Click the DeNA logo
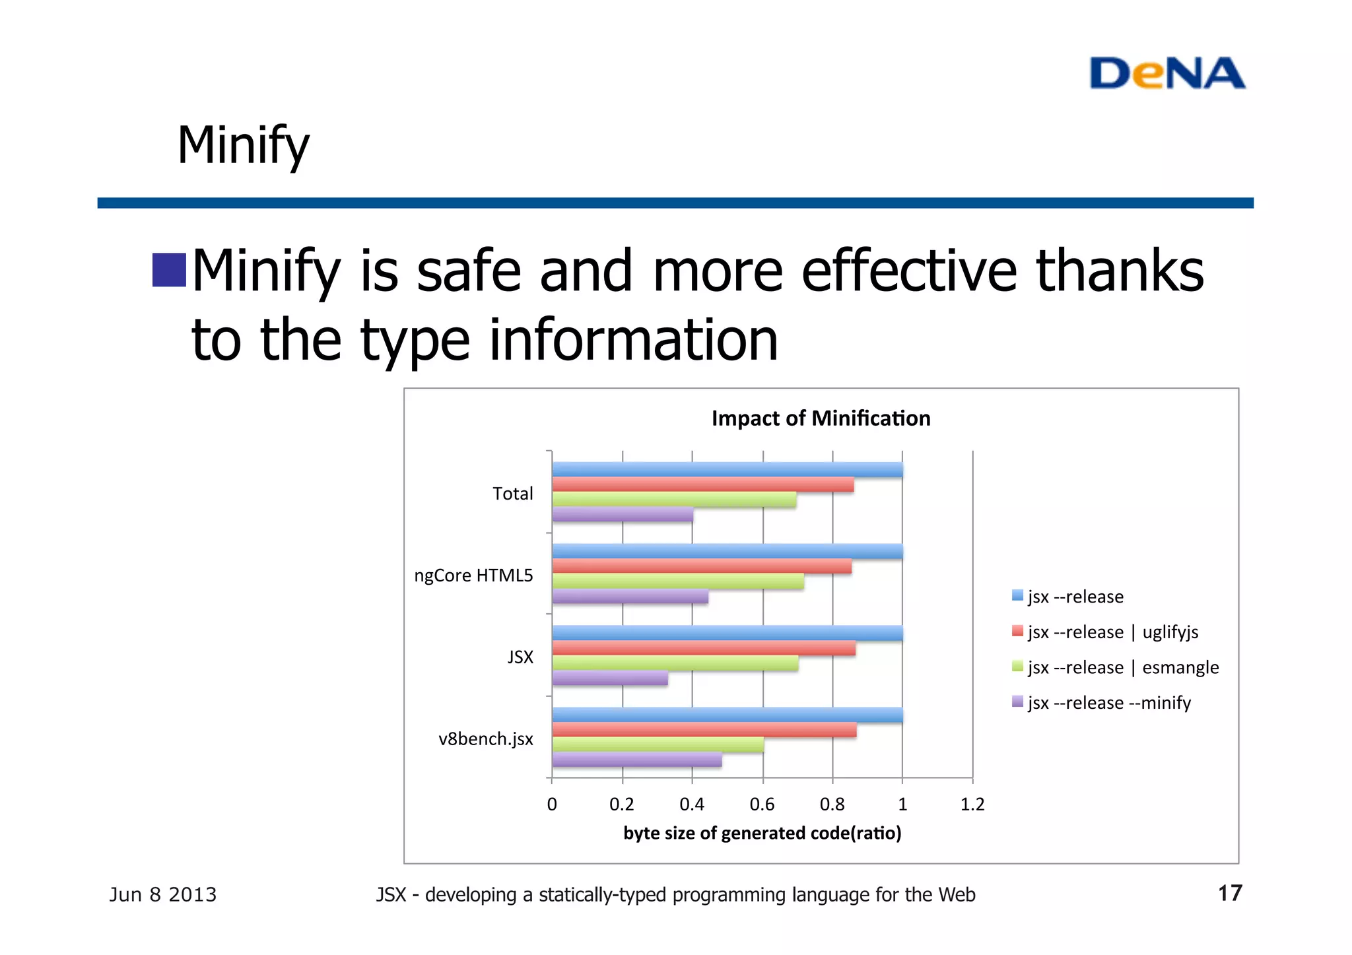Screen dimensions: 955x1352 (x=1166, y=73)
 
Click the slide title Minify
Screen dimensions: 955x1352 (x=243, y=145)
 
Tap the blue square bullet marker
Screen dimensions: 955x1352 (x=169, y=270)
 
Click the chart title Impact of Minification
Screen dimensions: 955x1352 (x=821, y=418)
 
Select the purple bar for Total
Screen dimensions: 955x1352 (x=623, y=515)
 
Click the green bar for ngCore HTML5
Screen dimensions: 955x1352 (x=678, y=581)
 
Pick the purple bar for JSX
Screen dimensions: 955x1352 (x=610, y=678)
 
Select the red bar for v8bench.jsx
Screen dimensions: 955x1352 (x=704, y=730)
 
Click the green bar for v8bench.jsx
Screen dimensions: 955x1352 (x=658, y=744)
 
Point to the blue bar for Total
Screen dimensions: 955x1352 (x=727, y=469)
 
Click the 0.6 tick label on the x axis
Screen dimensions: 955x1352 (x=762, y=805)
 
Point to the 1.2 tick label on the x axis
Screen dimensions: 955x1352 (x=972, y=805)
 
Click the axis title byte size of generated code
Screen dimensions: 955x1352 (x=762, y=834)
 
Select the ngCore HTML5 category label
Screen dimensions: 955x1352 (x=473, y=576)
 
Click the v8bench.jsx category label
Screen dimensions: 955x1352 (x=485, y=739)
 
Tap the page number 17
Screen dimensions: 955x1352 (x=1229, y=894)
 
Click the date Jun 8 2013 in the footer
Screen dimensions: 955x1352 (x=163, y=895)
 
